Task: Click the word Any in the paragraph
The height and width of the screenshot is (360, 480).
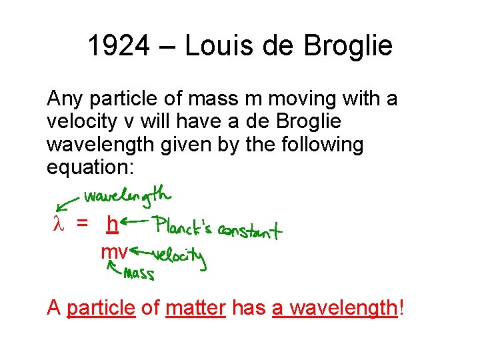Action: pos(65,99)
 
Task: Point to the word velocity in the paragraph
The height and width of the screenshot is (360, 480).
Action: pos(80,121)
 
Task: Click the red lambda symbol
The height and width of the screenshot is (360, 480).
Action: pos(57,225)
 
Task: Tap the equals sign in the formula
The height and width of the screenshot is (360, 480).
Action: pos(82,225)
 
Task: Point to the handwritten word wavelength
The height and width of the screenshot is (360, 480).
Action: pos(127,196)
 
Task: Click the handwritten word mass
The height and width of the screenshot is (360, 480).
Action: pos(139,273)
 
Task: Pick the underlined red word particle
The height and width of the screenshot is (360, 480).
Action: pos(101,308)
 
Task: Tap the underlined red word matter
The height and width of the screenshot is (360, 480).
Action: pos(195,308)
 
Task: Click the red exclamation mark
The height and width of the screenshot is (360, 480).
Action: pos(401,308)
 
